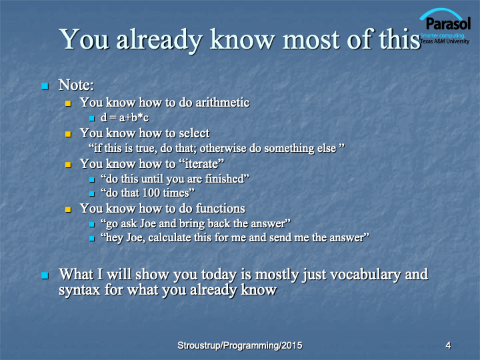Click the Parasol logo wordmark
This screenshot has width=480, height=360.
pyautogui.click(x=448, y=24)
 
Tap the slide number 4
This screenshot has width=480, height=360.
pyautogui.click(x=448, y=345)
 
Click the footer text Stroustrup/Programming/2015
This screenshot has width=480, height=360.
pyautogui.click(x=240, y=345)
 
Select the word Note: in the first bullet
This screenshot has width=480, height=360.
pyautogui.click(x=76, y=85)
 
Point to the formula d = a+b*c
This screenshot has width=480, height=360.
pyautogui.click(x=125, y=117)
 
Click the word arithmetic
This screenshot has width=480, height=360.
pyautogui.click(x=223, y=103)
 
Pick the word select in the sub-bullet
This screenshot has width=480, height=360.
pyautogui.click(x=194, y=133)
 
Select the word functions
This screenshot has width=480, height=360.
pyautogui.click(x=221, y=209)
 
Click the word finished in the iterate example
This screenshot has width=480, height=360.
pyautogui.click(x=225, y=179)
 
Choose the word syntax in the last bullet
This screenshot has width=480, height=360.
pyautogui.click(x=79, y=290)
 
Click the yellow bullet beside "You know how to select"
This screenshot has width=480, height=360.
pyautogui.click(x=68, y=134)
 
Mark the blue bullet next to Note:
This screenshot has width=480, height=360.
pyautogui.click(x=45, y=86)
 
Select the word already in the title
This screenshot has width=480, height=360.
pyautogui.click(x=159, y=40)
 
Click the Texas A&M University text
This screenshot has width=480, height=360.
pyautogui.click(x=445, y=41)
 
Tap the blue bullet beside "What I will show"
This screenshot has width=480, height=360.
pyautogui.click(x=45, y=275)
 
